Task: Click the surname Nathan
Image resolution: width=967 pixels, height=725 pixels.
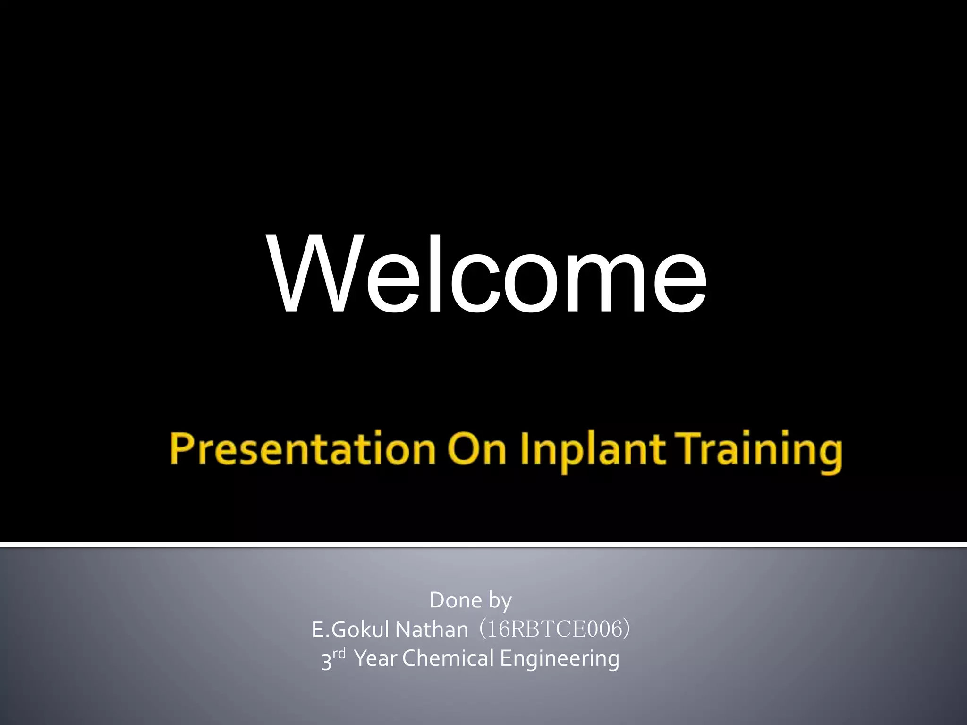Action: [431, 630]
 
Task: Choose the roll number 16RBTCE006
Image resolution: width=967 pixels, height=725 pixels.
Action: [554, 630]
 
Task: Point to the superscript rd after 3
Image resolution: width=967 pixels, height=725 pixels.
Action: [340, 654]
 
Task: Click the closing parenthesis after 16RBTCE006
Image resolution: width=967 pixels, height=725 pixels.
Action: [626, 630]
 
